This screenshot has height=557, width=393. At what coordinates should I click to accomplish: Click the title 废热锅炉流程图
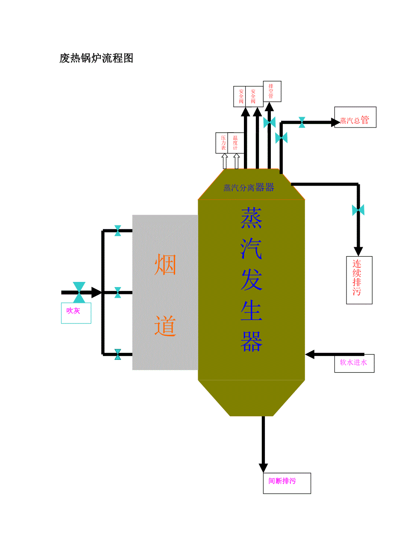[96, 58]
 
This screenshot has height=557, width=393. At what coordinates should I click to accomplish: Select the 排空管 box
[272, 92]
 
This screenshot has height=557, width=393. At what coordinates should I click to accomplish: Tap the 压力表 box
[222, 143]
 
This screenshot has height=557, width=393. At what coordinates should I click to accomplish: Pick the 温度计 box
[235, 143]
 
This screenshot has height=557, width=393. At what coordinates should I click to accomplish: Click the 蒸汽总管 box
[355, 117]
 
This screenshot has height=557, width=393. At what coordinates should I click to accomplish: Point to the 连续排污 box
[359, 280]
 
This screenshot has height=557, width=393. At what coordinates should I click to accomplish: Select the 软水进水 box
[354, 363]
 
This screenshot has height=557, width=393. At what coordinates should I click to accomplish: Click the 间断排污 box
[287, 483]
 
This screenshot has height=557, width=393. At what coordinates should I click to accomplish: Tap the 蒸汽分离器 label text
[249, 188]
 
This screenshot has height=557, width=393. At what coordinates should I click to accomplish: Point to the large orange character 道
[165, 326]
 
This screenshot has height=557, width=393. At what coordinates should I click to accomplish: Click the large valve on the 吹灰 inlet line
[79, 292]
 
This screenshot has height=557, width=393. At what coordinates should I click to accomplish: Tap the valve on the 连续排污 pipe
[358, 210]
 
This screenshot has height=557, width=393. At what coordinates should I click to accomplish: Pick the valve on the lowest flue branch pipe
[117, 354]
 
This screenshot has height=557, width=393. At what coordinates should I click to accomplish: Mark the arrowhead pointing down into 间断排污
[263, 468]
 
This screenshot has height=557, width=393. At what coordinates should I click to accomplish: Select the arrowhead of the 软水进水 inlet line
[310, 354]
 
